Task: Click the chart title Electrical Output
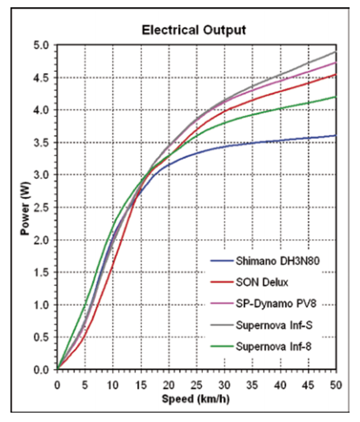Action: [194, 30]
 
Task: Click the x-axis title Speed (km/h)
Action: [196, 399]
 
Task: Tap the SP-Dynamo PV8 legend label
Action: [271, 304]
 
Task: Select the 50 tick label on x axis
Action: [336, 384]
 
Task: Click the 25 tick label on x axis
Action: [196, 384]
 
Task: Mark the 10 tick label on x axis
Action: [112, 384]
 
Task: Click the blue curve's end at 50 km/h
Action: [336, 135]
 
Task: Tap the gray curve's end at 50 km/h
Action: [336, 52]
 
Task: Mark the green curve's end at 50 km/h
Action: [336, 97]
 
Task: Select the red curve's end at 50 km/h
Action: [336, 74]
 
